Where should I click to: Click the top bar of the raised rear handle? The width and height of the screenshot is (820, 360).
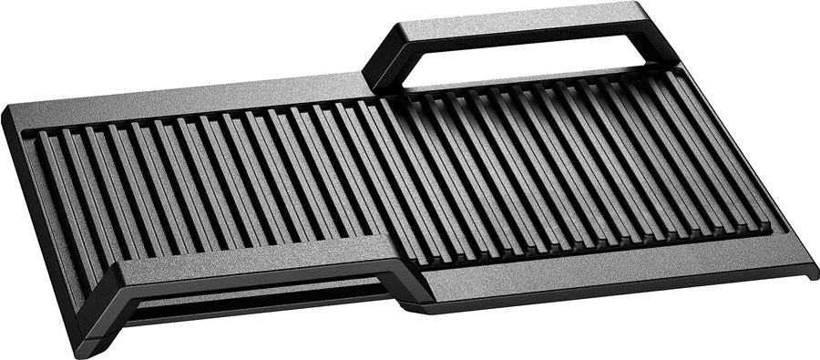tap(528, 19)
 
